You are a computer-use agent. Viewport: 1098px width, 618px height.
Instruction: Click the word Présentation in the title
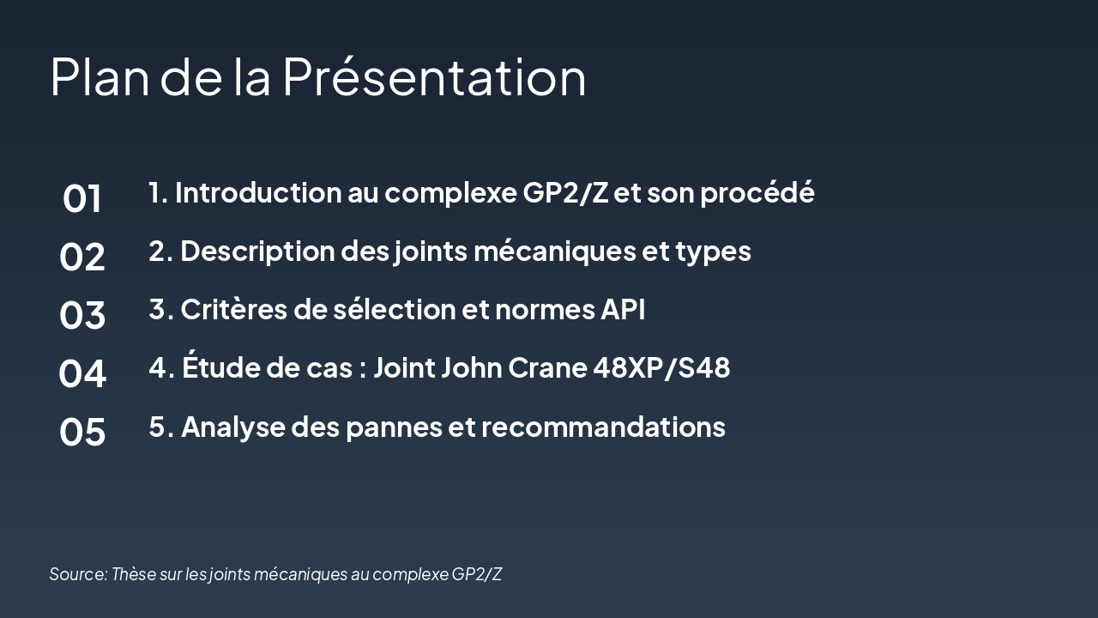click(434, 76)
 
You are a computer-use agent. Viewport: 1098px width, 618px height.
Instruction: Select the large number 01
click(82, 199)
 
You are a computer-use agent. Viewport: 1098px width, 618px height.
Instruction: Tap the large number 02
click(82, 257)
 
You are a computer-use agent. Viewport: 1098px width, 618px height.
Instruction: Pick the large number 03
click(82, 316)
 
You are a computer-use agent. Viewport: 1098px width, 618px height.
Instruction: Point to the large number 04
click(82, 374)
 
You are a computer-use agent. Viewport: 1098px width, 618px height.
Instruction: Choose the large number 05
click(82, 433)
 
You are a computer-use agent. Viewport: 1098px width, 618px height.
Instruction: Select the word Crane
click(547, 368)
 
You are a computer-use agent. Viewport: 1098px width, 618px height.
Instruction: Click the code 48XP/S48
click(661, 368)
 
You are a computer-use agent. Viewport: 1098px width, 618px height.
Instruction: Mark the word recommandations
click(604, 427)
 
